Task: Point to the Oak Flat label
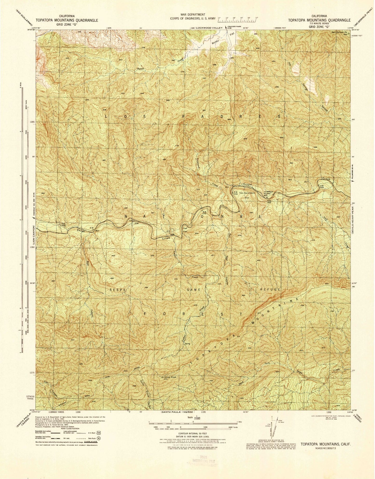click(x=185, y=230)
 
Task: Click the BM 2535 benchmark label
click(x=236, y=193)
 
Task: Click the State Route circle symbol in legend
click(x=99, y=437)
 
